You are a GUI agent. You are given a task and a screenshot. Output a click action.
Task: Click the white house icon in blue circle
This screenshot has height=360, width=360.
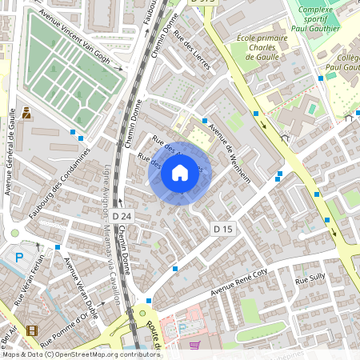180,172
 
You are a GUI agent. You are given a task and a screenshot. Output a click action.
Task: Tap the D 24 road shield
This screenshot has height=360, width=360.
122,216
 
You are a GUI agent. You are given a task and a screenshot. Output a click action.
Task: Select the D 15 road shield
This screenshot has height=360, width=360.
223,230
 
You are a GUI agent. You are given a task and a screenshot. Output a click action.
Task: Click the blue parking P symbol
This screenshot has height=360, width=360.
19,258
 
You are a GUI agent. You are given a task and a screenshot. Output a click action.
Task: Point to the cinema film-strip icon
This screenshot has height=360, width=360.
31,330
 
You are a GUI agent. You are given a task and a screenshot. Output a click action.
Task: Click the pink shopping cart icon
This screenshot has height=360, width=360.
195,346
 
